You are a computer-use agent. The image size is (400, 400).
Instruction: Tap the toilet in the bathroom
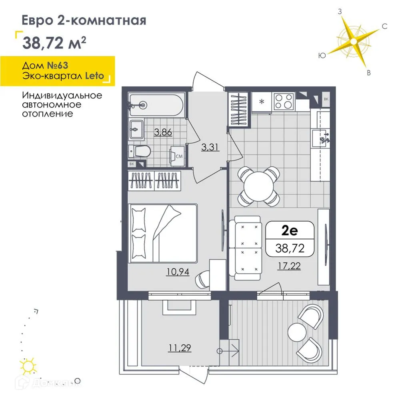click(140, 152)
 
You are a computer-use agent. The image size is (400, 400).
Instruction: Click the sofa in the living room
click(246, 248)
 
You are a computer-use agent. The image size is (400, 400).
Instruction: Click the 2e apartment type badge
click(290, 231)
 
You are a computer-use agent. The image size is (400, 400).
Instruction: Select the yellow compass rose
click(353, 41)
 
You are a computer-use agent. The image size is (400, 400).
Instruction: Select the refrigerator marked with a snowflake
click(262, 102)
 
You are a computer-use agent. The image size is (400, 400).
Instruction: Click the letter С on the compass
click(384, 26)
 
